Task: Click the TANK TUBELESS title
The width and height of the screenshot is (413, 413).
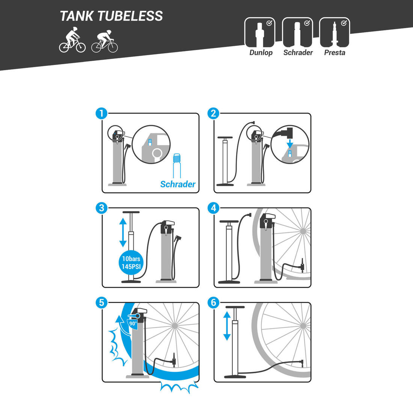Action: click(x=111, y=16)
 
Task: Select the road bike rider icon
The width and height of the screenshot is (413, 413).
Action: click(x=105, y=41)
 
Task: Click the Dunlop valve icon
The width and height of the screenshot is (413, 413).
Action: click(x=260, y=32)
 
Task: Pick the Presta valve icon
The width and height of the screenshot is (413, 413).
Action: click(x=335, y=32)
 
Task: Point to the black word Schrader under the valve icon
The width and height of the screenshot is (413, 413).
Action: click(x=298, y=53)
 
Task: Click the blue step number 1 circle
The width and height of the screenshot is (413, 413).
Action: click(x=102, y=113)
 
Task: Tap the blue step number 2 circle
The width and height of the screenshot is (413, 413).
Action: click(x=214, y=113)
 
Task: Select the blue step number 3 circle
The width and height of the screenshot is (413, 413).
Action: click(x=102, y=208)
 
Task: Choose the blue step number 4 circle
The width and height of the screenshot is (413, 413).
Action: click(x=214, y=208)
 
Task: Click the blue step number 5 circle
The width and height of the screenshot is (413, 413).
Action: click(x=102, y=303)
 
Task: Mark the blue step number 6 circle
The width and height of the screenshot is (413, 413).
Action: click(x=214, y=303)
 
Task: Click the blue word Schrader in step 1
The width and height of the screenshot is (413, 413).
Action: click(x=178, y=184)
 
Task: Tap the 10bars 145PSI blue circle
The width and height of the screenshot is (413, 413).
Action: click(x=131, y=262)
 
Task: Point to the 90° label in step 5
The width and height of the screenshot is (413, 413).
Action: click(x=133, y=323)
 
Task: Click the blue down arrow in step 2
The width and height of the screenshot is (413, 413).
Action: click(x=290, y=144)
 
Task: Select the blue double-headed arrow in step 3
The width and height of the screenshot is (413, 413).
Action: click(x=123, y=232)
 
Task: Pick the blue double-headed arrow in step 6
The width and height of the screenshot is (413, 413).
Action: click(x=227, y=326)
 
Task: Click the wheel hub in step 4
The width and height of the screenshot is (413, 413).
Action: click(x=303, y=231)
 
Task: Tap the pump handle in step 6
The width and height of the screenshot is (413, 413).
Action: click(x=235, y=307)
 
